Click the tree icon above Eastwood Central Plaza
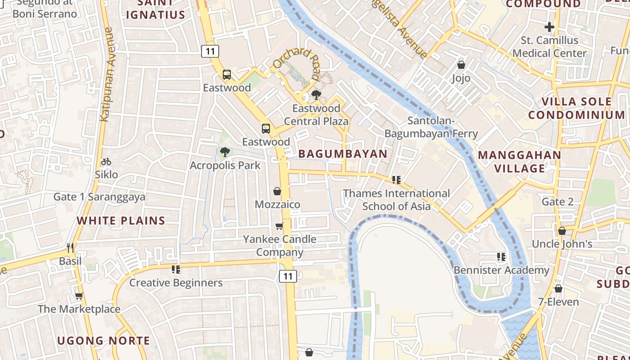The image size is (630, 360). (x=316, y=95)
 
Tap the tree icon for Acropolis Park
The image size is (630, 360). (x=225, y=152)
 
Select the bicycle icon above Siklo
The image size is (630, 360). (x=106, y=162)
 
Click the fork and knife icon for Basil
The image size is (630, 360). (x=70, y=247)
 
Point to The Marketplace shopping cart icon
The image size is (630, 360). (x=79, y=296)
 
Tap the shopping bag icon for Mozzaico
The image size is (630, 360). (x=277, y=191)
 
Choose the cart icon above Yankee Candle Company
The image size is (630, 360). (x=279, y=226)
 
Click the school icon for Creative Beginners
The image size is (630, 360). (x=176, y=270)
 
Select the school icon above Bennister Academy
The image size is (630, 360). (x=501, y=257)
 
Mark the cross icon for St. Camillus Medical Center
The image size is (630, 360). (x=549, y=27)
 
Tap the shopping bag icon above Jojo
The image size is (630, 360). (x=461, y=65)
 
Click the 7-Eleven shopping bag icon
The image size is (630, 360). (x=558, y=288)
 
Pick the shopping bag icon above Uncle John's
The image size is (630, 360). (x=562, y=231)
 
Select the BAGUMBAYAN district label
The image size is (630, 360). (x=343, y=153)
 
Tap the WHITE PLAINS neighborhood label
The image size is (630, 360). (x=121, y=220)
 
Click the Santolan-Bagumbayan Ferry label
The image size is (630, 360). (x=431, y=127)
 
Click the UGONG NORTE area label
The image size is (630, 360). (x=103, y=341)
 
